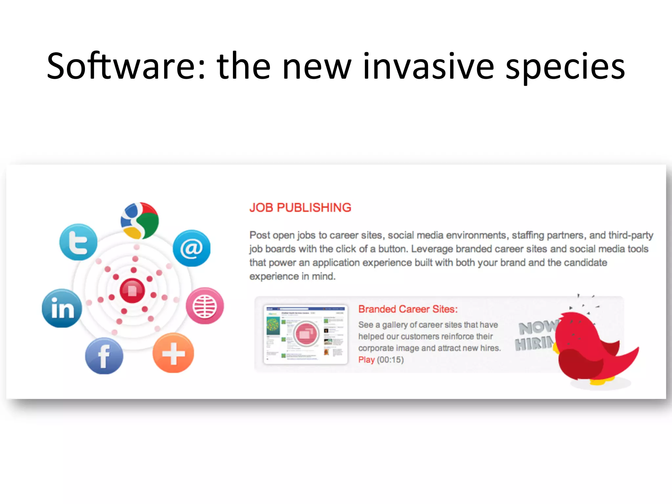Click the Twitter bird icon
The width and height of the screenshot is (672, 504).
click(78, 242)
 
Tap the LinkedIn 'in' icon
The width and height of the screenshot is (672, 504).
click(62, 308)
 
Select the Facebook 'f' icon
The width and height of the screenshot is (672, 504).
click(104, 356)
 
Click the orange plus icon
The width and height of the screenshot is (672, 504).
click(173, 353)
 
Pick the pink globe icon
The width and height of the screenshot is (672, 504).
click(205, 306)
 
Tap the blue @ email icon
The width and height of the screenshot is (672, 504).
click(192, 248)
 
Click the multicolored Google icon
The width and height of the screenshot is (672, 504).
click(140, 220)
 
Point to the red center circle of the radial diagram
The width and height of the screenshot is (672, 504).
click(132, 290)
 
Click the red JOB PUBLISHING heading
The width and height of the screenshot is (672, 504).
click(300, 208)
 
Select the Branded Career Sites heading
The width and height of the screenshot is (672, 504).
click(408, 309)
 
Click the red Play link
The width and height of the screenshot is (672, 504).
click(366, 360)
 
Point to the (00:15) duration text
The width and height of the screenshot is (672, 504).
click(390, 360)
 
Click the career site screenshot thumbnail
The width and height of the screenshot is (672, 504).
click(305, 334)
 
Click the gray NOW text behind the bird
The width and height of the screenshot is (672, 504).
click(537, 327)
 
